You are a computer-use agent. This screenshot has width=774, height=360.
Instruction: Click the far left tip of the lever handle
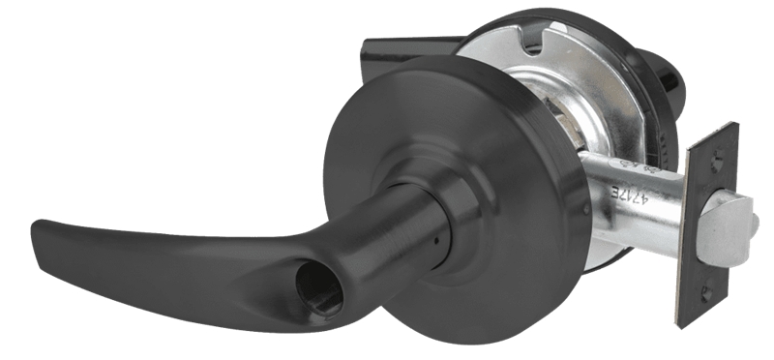(36, 232)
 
